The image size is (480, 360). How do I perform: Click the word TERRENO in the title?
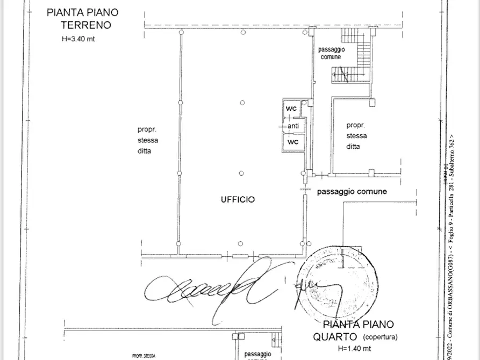(x=85, y=25)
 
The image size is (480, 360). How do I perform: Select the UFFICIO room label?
(x=238, y=199)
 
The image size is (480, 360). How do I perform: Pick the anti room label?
(x=293, y=126)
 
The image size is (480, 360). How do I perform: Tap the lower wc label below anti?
(x=293, y=142)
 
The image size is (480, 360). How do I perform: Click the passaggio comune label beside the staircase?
(x=331, y=53)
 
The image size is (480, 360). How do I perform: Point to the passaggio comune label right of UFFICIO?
(x=352, y=191)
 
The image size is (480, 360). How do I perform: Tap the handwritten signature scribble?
(x=215, y=285)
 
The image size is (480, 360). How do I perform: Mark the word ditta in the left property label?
(x=145, y=151)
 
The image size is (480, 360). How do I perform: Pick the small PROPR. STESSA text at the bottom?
(x=144, y=355)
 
